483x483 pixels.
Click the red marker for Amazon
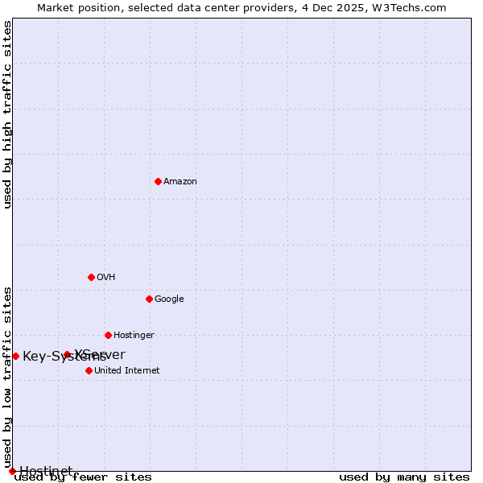pos(158,181)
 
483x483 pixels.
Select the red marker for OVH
pos(91,277)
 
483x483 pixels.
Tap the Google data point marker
pos(149,299)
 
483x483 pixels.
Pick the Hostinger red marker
pos(108,335)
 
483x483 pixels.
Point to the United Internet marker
pos(89,370)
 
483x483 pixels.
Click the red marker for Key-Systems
pos(15,356)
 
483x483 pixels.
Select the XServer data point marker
pos(67,354)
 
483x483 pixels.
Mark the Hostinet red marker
pos(12,471)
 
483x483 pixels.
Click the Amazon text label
pos(180,181)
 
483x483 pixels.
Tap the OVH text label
pos(106,277)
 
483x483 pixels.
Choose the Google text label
pos(169,299)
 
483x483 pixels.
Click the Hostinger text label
pos(134,335)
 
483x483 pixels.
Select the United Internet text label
pos(126,370)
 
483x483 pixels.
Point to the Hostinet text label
pos(46,471)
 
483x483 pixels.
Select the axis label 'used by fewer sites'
pos(83,477)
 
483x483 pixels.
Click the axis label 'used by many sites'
pos(404,477)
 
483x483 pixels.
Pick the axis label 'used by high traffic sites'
pos(7,114)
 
